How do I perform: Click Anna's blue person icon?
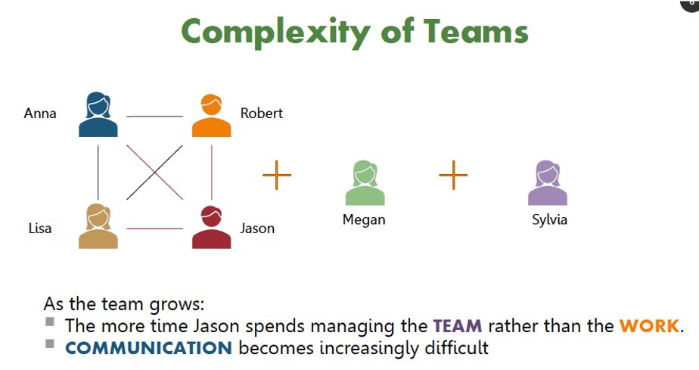click(x=98, y=115)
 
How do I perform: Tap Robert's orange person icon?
click(x=211, y=115)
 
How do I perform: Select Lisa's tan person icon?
click(x=98, y=226)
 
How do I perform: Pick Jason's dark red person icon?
click(x=211, y=226)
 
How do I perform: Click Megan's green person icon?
click(x=365, y=183)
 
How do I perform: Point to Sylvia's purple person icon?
click(x=548, y=183)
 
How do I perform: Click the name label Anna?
click(x=40, y=114)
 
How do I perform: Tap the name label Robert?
click(x=262, y=113)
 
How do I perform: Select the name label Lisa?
click(x=40, y=228)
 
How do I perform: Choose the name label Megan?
click(x=364, y=220)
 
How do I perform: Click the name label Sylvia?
click(x=549, y=220)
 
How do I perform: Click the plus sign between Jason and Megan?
click(x=277, y=176)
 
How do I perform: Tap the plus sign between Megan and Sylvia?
click(x=453, y=176)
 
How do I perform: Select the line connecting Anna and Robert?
click(x=154, y=117)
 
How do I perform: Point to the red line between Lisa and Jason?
click(x=154, y=229)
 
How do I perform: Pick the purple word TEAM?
click(x=457, y=327)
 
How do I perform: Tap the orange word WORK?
click(x=649, y=327)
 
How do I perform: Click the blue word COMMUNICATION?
click(x=148, y=348)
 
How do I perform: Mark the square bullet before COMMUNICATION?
click(x=50, y=344)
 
